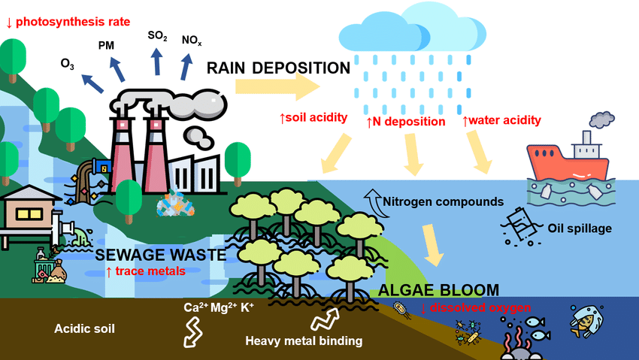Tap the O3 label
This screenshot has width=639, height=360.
coord(68,63)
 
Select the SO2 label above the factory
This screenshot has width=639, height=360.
coord(157,35)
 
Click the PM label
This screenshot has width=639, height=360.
coord(106,46)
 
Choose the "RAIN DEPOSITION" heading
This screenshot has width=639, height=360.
coord(278,69)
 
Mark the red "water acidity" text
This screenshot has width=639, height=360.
coord(501,120)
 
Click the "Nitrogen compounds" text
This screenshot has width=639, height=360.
coord(443,201)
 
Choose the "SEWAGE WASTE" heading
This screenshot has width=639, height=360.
coord(161,256)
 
